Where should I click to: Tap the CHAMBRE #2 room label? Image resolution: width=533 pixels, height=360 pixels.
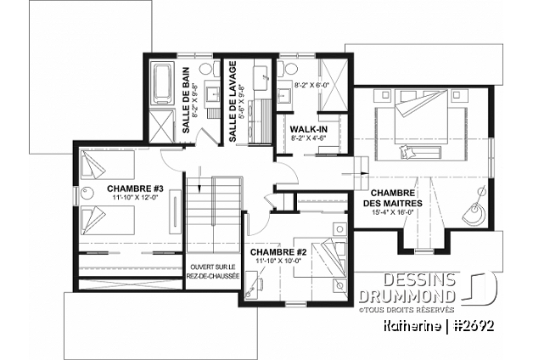click(278, 252)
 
